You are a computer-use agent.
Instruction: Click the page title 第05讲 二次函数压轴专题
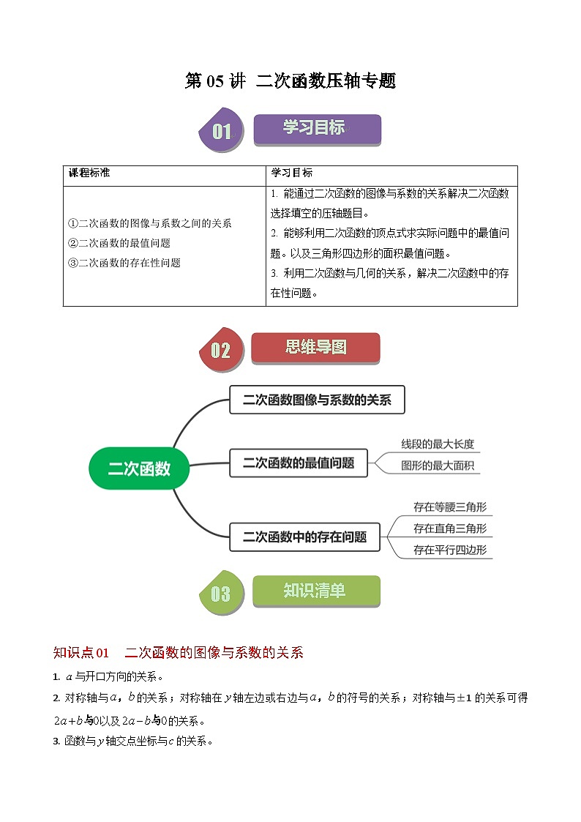point(290,81)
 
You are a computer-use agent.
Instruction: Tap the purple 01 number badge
point(221,132)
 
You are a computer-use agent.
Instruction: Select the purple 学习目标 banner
point(317,129)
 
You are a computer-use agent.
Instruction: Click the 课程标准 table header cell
point(89,173)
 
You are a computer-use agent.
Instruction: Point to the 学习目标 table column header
point(292,173)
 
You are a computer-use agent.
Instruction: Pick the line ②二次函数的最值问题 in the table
point(119,243)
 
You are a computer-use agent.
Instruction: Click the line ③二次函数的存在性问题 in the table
point(124,263)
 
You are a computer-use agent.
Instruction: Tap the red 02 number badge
point(221,350)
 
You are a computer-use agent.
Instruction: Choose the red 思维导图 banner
point(315,347)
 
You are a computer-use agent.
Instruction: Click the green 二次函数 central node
point(139,468)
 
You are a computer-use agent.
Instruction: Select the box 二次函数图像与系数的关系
point(317,400)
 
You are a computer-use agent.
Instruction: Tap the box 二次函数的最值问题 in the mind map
point(299,463)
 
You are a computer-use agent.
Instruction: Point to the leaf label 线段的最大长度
point(438,444)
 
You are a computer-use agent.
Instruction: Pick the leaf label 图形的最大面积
point(438,466)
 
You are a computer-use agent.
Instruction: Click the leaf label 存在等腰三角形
point(450,507)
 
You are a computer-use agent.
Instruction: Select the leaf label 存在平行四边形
point(450,550)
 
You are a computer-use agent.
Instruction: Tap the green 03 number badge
point(221,594)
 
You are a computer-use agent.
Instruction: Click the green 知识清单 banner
point(315,591)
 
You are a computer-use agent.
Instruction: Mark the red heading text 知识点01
point(81,653)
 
